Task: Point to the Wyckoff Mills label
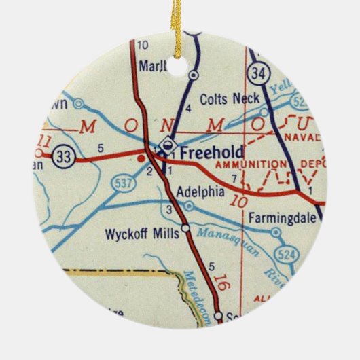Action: pyautogui.click(x=142, y=234)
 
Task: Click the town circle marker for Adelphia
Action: pyautogui.click(x=189, y=205)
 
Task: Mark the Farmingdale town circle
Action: pyautogui.click(x=275, y=232)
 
